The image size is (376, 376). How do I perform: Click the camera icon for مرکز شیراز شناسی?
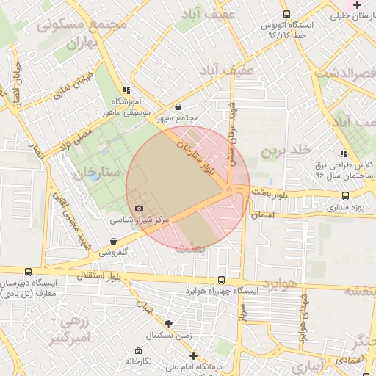[x=140, y=209]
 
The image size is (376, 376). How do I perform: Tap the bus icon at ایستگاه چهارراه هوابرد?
[x=222, y=280]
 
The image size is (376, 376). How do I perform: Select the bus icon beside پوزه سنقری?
[x=345, y=196]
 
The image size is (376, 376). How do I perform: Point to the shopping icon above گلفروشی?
[x=113, y=241]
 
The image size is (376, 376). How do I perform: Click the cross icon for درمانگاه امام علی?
[x=194, y=355]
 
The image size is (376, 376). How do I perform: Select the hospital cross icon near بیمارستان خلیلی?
[x=357, y=4]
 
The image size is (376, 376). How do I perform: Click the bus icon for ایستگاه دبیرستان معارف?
[x=28, y=272]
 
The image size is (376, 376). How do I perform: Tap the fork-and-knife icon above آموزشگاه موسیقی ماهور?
[x=126, y=90]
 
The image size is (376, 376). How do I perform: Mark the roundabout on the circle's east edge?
[x=230, y=191]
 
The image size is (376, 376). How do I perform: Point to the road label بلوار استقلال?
[x=101, y=276]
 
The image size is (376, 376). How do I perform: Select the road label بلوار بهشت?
[x=270, y=194]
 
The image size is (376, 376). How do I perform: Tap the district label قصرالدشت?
[x=345, y=73]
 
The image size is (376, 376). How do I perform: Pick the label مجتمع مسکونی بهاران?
[x=73, y=32]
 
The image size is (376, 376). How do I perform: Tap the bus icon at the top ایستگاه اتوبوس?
[x=286, y=14]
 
